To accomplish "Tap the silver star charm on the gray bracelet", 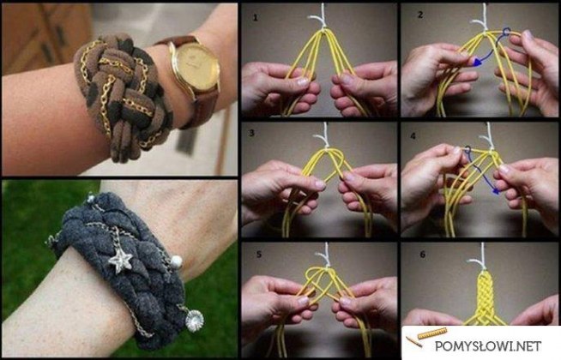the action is click(120, 260).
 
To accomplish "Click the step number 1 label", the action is click(255, 17).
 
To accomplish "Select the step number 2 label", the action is click(420, 15).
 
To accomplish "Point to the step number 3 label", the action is click(252, 133).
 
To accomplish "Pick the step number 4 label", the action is click(413, 136).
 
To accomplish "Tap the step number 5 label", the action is click(259, 255).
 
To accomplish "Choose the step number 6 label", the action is click(423, 255).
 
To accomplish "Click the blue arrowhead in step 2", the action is click(477, 63).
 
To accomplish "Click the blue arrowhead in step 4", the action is click(495, 192).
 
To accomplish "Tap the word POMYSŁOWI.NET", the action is click(488, 345).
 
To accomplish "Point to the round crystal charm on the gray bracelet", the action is click(194, 321).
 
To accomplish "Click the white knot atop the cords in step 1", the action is click(320, 18).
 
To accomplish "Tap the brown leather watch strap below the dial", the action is click(202, 107).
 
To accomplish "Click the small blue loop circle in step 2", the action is click(505, 33).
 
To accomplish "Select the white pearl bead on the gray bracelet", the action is click(176, 262).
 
